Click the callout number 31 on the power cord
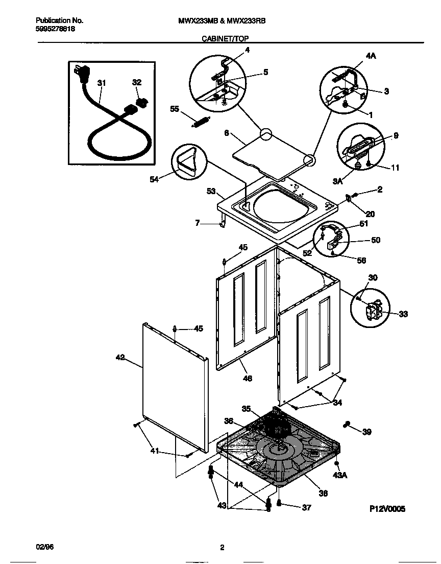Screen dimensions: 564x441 [x=102, y=83]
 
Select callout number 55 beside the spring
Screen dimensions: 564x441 [x=175, y=109]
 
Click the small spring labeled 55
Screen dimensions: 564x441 [x=199, y=124]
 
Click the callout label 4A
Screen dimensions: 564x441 [x=370, y=56]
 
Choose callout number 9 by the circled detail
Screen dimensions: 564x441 [x=396, y=136]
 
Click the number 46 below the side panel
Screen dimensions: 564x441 [x=247, y=379]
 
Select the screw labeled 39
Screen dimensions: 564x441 [x=349, y=424]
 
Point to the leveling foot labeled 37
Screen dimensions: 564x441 [x=279, y=504]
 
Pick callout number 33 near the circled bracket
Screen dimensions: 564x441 [x=403, y=314]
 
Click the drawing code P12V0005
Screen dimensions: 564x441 [x=387, y=509]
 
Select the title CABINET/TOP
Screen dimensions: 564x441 [x=226, y=38]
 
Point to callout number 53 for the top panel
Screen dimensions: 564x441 [x=210, y=192]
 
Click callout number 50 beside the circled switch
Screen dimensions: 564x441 [x=375, y=240]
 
